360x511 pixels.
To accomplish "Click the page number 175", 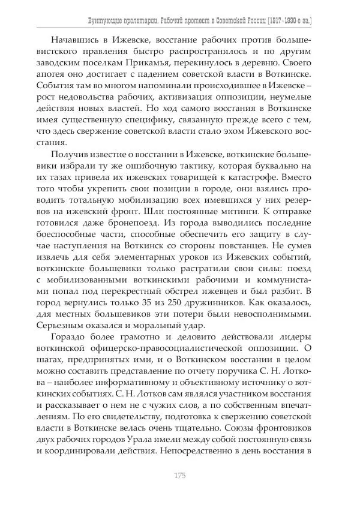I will [179, 476].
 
